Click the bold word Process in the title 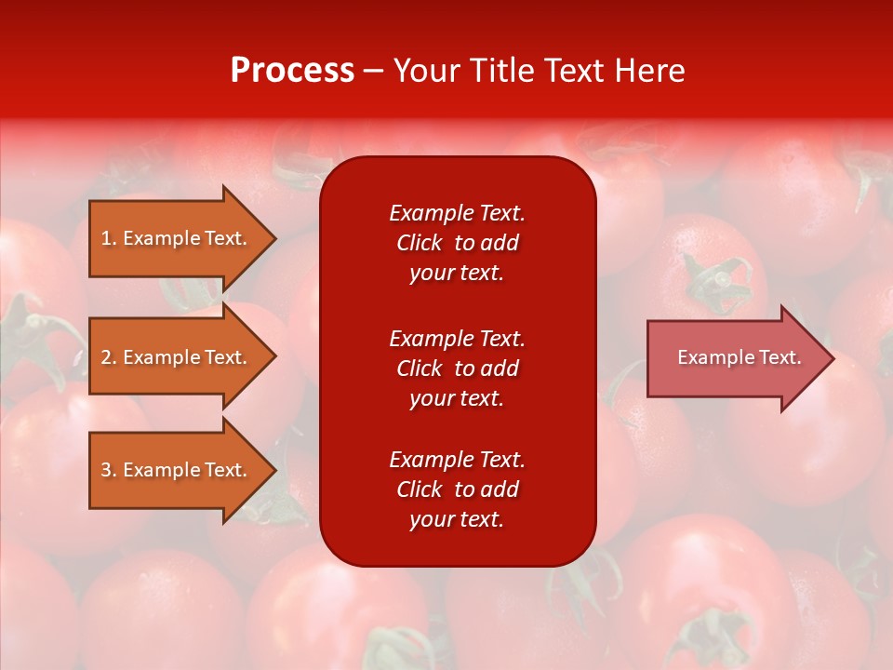292,71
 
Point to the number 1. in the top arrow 108,238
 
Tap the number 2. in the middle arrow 108,357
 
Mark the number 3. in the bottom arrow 108,470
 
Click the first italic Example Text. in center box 457,213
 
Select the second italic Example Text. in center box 457,338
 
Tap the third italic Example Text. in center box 457,460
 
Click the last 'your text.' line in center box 457,519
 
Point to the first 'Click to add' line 457,243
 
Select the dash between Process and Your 374,71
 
